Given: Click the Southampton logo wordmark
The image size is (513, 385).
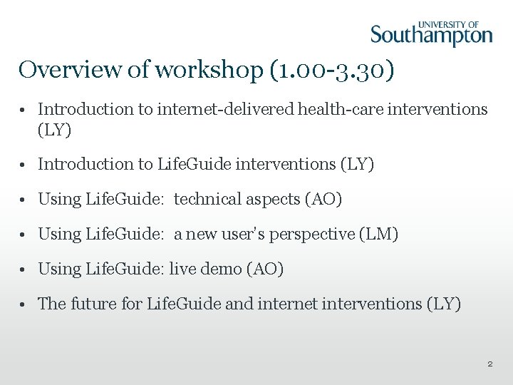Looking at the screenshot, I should click(431, 36).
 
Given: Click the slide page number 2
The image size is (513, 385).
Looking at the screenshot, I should click(489, 364).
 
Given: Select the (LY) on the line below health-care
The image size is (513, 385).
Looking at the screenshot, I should click(55, 130).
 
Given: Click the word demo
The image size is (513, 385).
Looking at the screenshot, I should click(221, 269).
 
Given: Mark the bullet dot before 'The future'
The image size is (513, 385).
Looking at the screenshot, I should click(24, 304).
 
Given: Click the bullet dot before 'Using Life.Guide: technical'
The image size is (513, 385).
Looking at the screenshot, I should click(24, 200).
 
